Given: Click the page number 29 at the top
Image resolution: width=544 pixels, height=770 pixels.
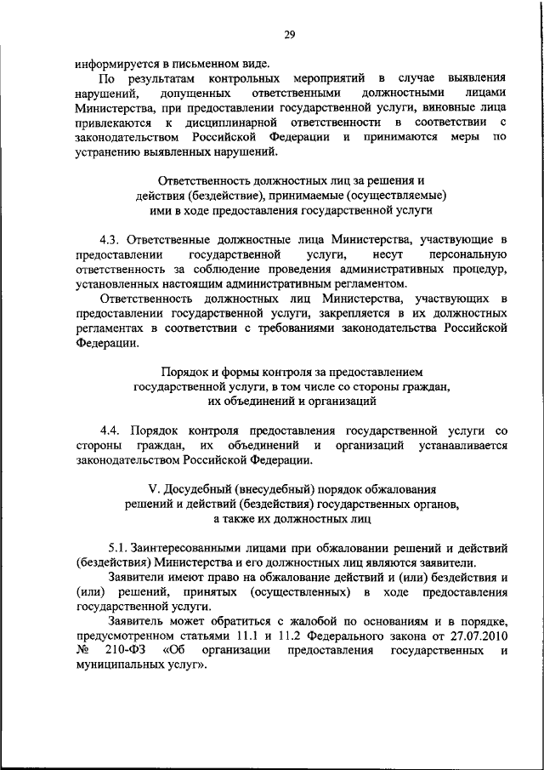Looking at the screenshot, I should coord(289,35).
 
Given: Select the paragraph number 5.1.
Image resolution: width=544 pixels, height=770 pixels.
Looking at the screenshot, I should coord(122,548).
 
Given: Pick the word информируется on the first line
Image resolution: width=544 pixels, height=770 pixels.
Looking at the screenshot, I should coord(118,63).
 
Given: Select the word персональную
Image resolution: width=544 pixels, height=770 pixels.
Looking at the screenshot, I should coord(466,256).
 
